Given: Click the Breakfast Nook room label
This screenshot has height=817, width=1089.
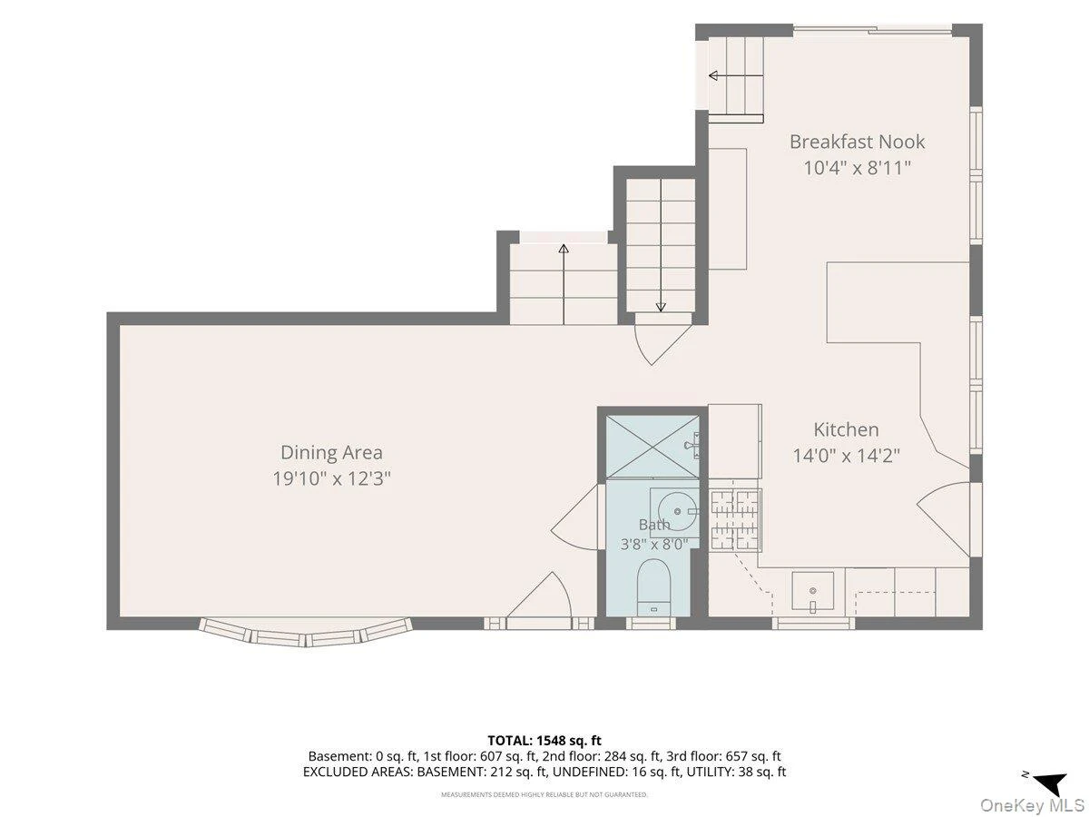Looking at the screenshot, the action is coord(857,142).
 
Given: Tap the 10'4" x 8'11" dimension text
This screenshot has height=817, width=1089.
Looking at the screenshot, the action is coord(857,168).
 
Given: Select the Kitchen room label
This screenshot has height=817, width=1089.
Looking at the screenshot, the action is coord(846,429).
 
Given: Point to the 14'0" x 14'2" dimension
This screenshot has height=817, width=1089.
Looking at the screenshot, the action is coord(846,456).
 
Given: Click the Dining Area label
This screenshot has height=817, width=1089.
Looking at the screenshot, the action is coord(331,452).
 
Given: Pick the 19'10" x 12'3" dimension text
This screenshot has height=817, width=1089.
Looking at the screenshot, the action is coord(331,478).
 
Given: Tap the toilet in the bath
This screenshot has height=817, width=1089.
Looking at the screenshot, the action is coord(653,587).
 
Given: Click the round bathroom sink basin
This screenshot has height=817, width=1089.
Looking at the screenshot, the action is coord(677,511).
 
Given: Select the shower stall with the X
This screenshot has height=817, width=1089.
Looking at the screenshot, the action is coord(652,448).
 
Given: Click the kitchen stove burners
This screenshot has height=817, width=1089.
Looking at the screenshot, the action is coord(735,520).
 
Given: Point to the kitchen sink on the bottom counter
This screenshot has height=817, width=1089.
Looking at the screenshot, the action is coord(812,591).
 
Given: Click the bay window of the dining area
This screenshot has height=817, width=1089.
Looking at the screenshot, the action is coord(306,634).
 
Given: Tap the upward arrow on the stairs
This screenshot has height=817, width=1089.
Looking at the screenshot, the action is coord(564,284).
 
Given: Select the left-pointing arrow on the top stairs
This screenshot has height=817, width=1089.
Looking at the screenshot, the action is coord(736,76).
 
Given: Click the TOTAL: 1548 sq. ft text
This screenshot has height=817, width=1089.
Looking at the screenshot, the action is coord(544,741).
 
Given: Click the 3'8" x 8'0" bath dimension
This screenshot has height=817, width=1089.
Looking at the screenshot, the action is coord(654,545).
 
